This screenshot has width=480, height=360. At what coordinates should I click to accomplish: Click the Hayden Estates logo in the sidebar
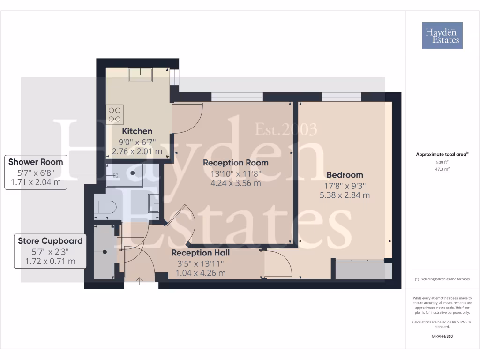coord(442,35)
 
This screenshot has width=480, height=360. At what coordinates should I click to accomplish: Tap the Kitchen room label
coord(137,131)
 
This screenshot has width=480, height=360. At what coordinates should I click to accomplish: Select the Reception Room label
coord(235,163)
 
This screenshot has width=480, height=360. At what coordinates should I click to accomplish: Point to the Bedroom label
coord(345,175)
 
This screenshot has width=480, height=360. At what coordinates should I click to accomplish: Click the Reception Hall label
coord(200,253)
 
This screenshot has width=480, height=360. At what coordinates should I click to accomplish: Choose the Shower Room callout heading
coord(36,162)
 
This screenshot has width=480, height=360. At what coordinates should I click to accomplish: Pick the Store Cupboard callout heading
coord(50,241)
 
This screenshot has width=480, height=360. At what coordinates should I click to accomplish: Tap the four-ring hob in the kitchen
coord(115,114)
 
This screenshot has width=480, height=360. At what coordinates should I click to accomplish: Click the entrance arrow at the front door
coord(140,281)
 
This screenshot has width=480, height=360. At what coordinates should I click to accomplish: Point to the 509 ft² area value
coord(442,162)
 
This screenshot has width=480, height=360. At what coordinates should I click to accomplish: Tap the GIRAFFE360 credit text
coord(442,336)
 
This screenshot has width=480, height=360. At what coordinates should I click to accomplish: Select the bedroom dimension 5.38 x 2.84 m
coord(345,195)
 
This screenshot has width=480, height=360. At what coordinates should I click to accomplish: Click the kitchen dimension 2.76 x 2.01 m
coord(137,151)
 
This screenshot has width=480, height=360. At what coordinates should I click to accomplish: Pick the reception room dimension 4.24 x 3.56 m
coord(235,183)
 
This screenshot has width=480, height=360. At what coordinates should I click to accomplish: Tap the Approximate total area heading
coord(442,154)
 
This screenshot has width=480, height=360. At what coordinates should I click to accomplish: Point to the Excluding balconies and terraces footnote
coord(442,279)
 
